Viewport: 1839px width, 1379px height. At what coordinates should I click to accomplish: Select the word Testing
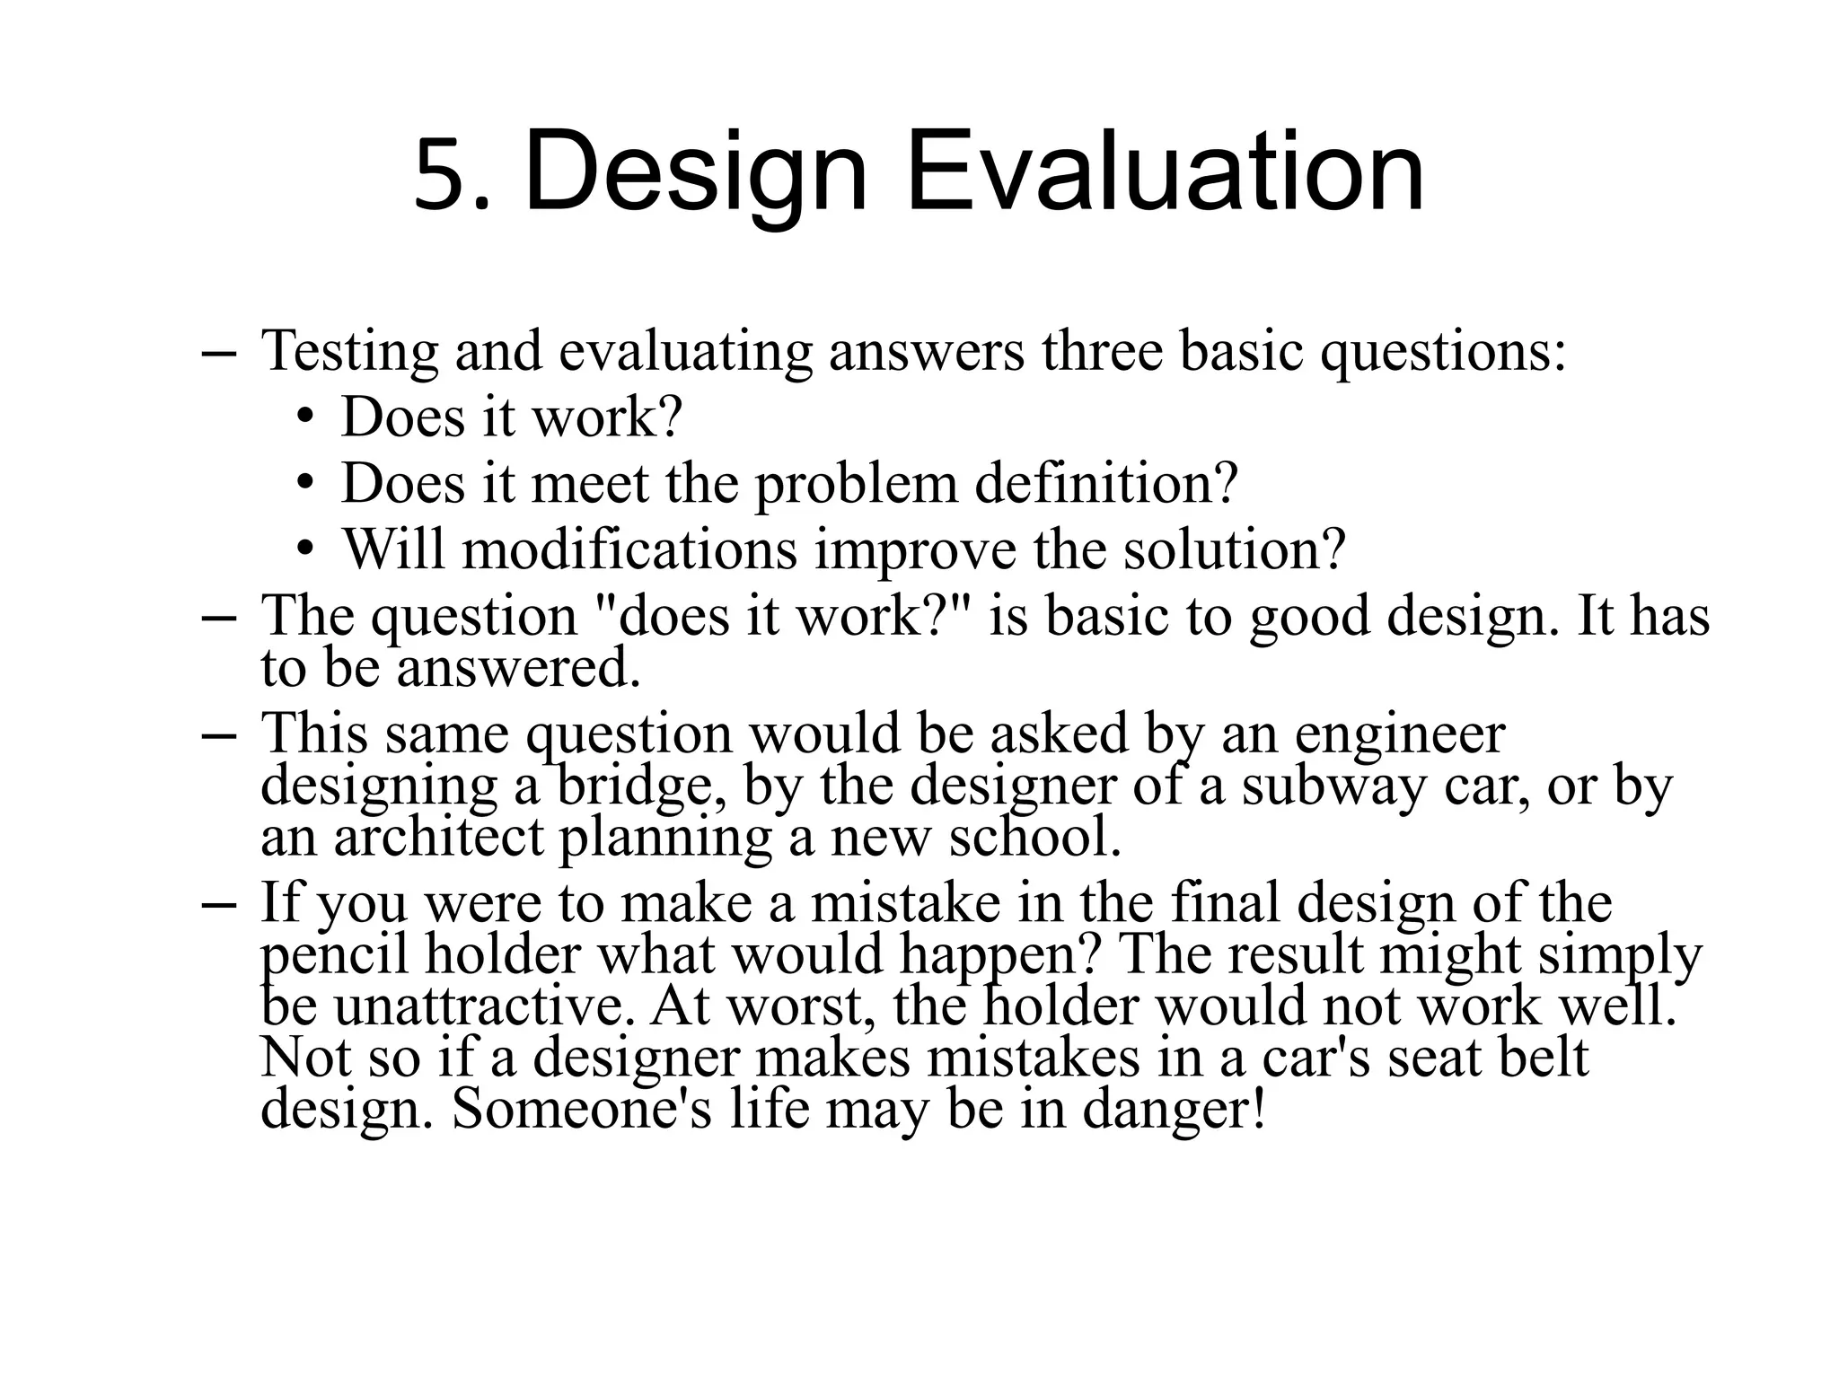point(349,351)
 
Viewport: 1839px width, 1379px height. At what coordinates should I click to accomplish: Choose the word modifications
point(629,549)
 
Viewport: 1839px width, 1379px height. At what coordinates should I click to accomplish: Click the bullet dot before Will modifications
point(306,547)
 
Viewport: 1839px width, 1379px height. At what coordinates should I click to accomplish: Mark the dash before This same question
point(218,734)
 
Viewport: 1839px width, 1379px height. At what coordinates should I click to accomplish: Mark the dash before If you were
point(218,904)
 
